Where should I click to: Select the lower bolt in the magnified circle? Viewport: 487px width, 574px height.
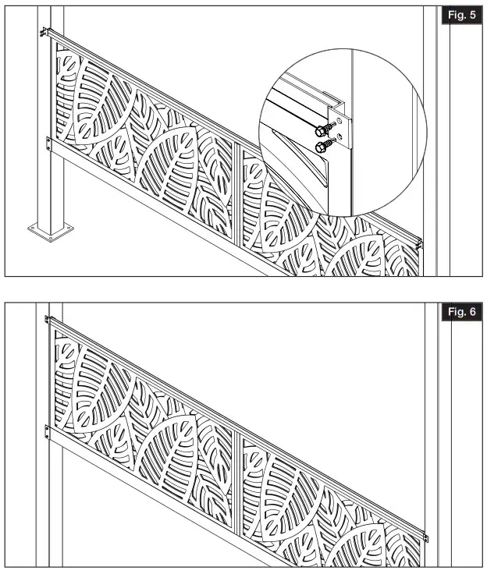319,146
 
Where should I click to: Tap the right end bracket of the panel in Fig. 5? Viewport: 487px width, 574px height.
420,243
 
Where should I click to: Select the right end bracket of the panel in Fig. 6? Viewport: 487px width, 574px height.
427,537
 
